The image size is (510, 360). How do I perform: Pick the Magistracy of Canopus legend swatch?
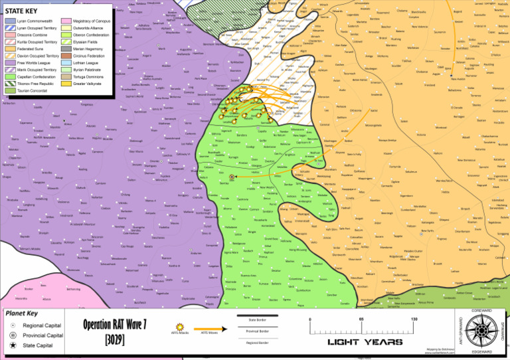point(66,21)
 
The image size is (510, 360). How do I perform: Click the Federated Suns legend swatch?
point(9,49)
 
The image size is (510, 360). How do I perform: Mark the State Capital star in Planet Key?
point(14,346)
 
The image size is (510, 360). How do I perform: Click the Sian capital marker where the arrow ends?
point(232,177)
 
